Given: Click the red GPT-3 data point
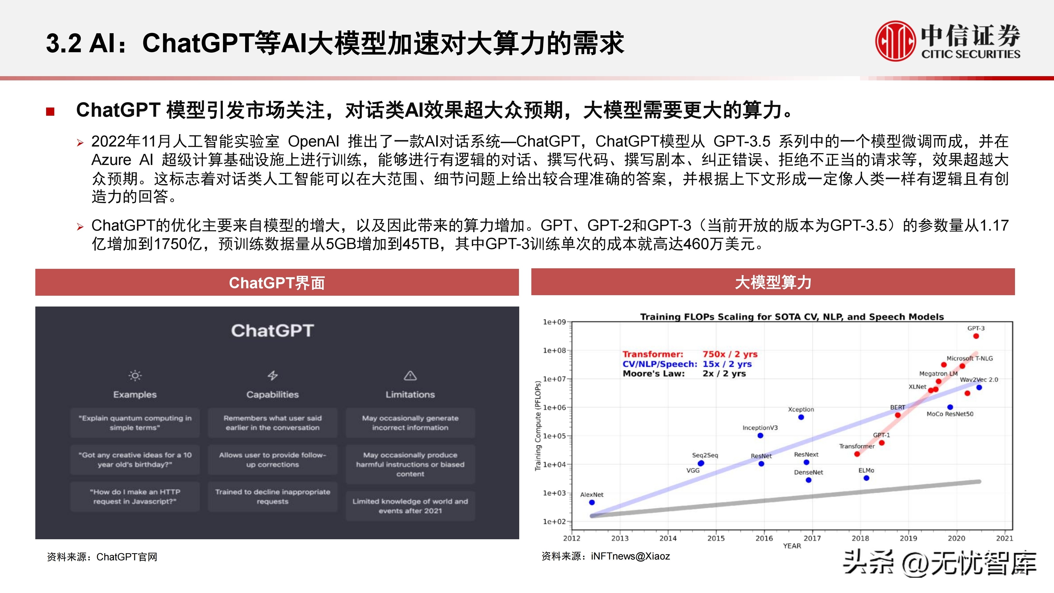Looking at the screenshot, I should (976, 336).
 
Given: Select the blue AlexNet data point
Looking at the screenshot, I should (592, 502).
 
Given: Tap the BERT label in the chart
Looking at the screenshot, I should (897, 407).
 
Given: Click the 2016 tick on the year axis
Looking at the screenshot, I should (764, 538).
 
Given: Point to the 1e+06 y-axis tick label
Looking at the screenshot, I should (555, 407).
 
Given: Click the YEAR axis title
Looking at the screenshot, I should (792, 546).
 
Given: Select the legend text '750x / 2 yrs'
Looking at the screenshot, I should (730, 354).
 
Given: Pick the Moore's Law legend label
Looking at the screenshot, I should (653, 374).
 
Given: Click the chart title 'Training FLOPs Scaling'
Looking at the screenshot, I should (792, 317).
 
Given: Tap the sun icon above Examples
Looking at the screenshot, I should (135, 375).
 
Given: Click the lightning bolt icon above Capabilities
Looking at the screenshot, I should (273, 375).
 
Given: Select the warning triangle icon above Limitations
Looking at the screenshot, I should (410, 375).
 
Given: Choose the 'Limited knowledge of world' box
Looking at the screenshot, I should (410, 506).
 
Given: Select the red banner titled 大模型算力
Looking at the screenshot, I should (773, 282).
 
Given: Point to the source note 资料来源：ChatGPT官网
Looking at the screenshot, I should (102, 557).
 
